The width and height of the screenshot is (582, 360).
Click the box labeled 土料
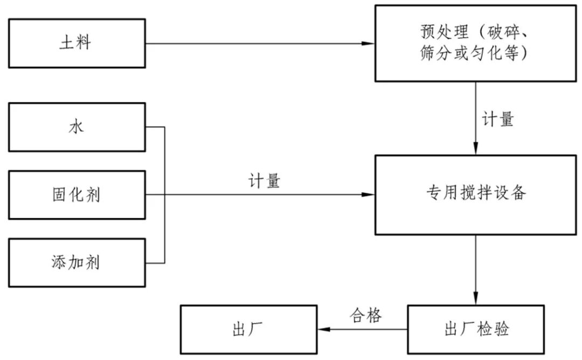77,43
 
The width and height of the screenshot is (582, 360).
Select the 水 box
77,127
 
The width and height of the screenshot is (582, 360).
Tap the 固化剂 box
77,195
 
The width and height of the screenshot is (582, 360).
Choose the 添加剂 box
77,262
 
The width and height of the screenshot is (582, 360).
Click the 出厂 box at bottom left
248,329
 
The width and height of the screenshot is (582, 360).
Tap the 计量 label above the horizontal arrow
264,181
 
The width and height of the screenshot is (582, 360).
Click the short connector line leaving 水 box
155,127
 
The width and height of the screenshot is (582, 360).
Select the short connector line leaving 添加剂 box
155,263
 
